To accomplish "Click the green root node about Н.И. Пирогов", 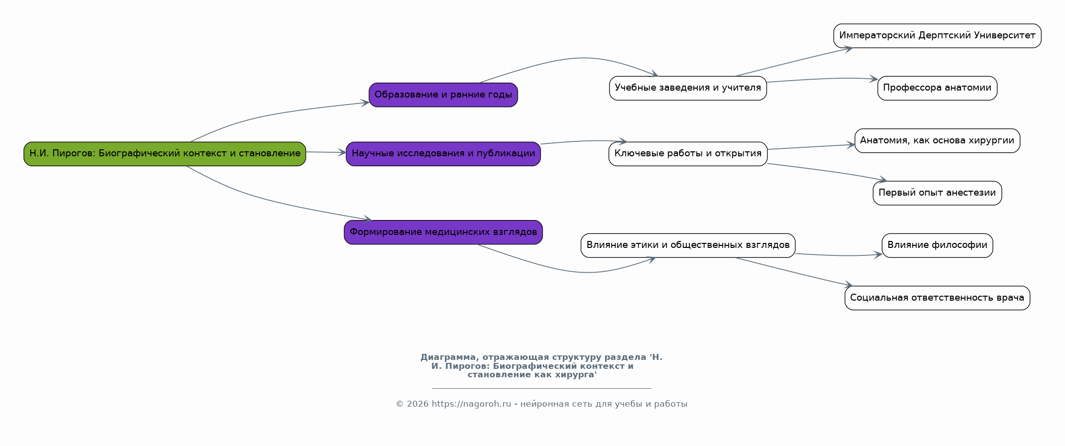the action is click(165, 154).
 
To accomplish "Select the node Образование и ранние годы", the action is click(443, 95).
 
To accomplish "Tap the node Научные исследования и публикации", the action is click(443, 154).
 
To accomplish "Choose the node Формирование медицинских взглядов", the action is click(443, 232).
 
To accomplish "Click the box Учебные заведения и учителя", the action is click(688, 88).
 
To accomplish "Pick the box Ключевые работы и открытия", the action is click(688, 154).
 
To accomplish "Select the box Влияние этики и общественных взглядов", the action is click(688, 245).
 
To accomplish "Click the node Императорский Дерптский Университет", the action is click(937, 36).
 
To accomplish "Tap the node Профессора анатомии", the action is click(937, 88).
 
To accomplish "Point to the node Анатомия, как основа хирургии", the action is click(937, 140).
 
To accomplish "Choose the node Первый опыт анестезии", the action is click(937, 193).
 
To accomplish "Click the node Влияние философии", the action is click(937, 245).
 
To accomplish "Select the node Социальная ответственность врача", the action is click(937, 298).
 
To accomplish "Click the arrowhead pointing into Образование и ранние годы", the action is click(365, 103).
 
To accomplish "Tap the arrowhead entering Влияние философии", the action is click(878, 254).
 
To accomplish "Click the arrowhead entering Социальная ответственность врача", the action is click(849, 285).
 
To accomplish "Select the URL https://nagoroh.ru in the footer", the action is click(471, 404).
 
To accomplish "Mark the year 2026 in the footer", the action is click(417, 404).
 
